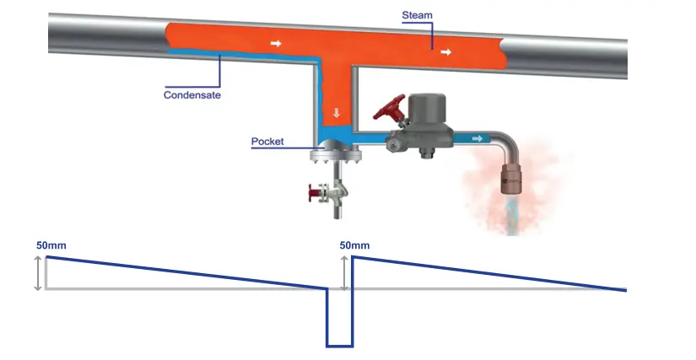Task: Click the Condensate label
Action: coord(192,95)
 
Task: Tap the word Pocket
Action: coord(267,141)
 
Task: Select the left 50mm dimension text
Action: coord(50,245)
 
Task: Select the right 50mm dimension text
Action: coord(354,245)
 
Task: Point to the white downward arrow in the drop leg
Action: coord(336,113)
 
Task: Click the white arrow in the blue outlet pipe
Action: coord(477,138)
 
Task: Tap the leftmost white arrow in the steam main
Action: coord(275,41)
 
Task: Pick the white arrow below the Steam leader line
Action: coord(445,52)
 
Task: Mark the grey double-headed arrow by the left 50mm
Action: coord(37,273)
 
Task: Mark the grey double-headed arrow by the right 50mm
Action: coord(343,273)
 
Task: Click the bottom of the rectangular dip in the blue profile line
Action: coord(339,346)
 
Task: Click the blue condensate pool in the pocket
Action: coord(336,136)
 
